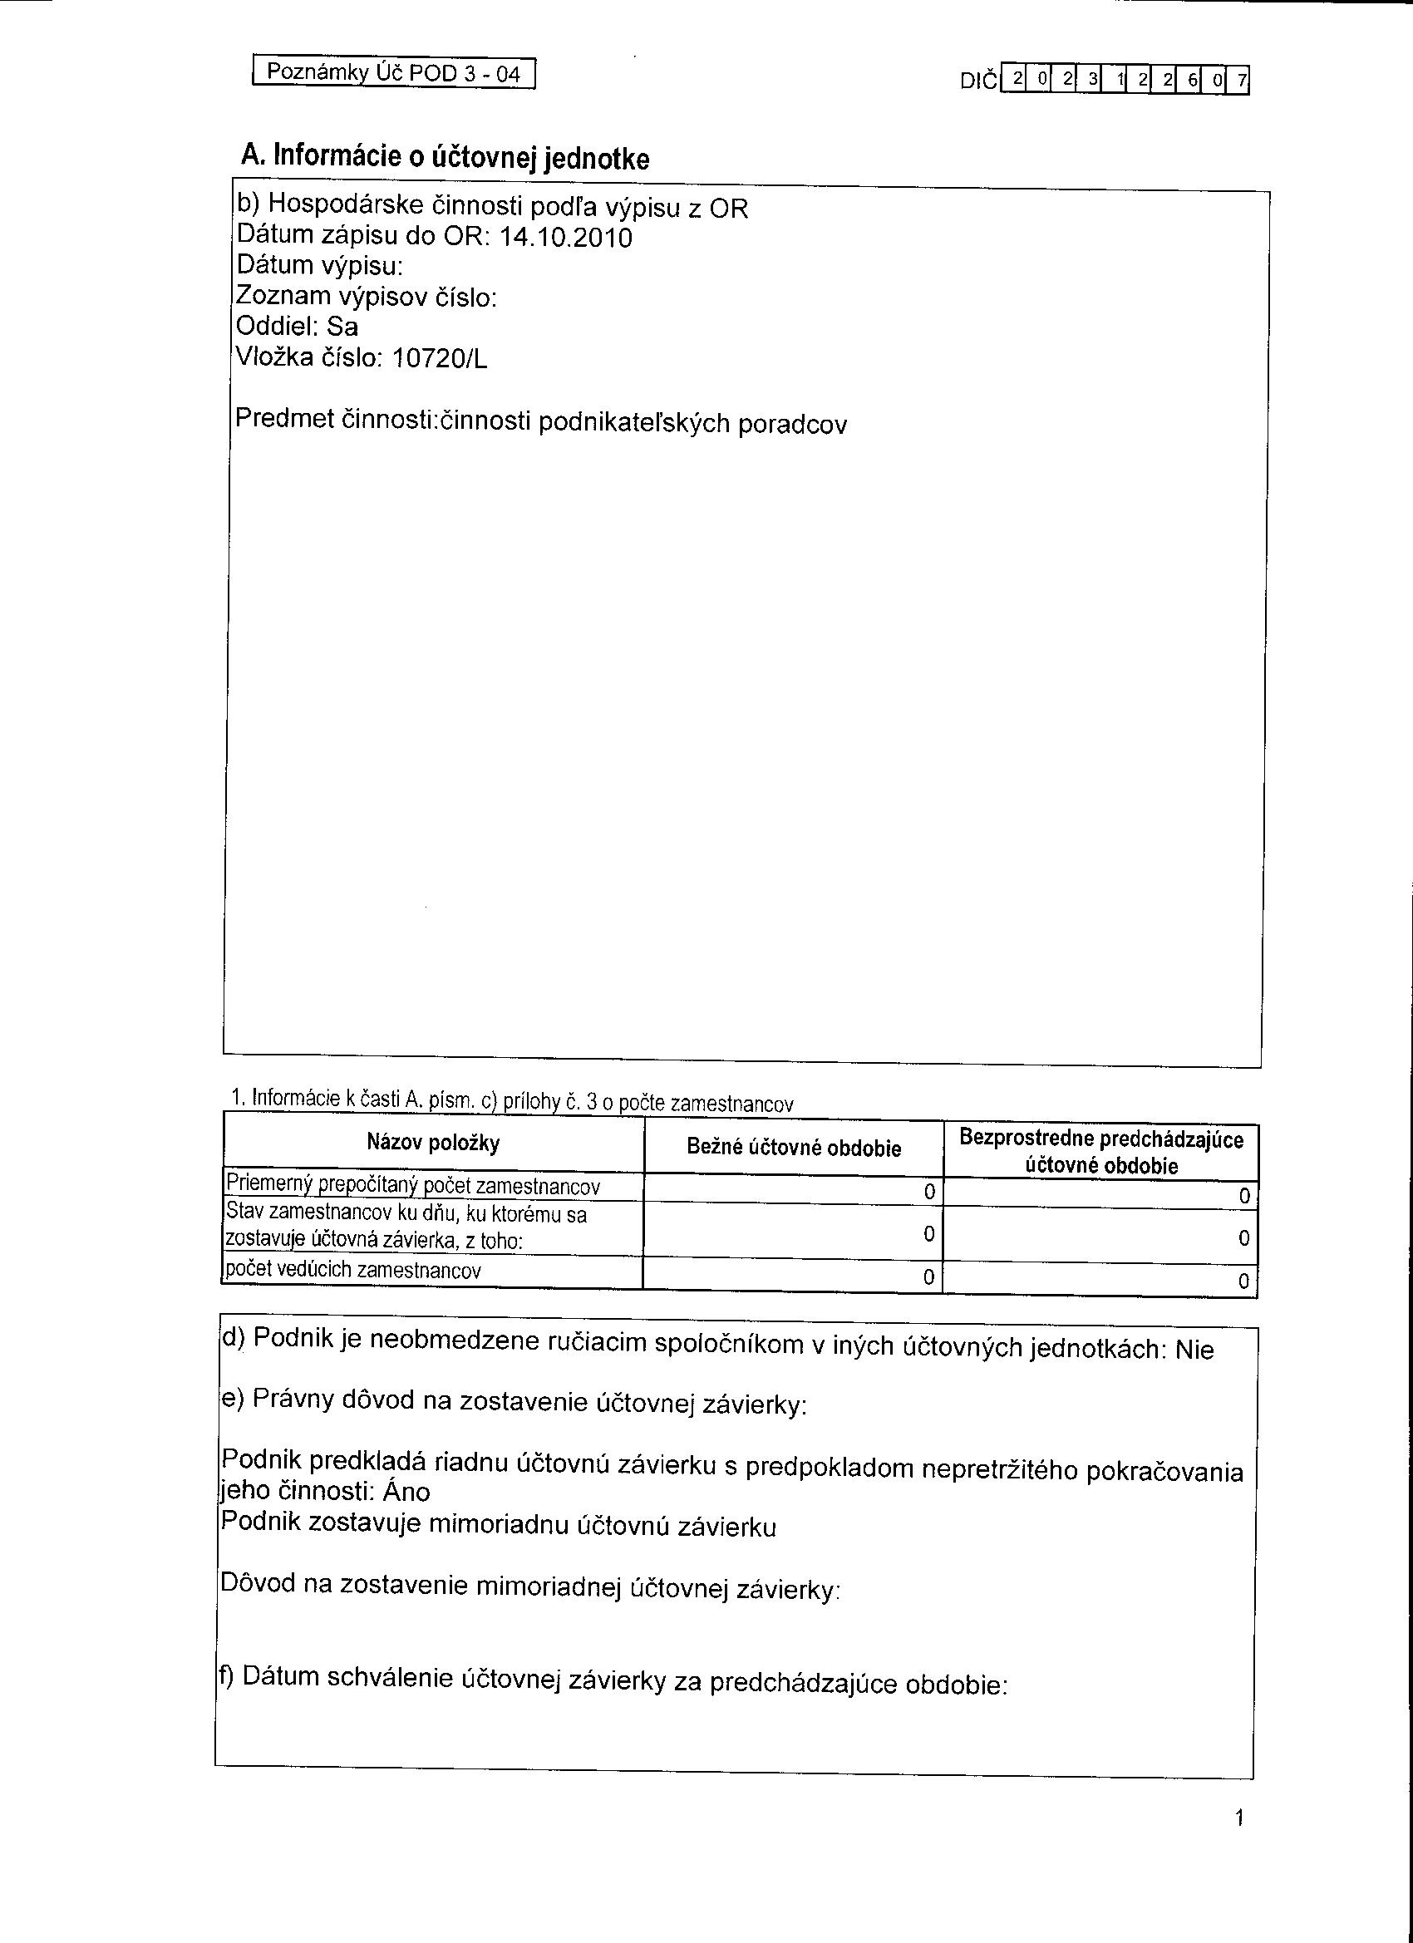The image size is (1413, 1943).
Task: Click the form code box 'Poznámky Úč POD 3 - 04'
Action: (393, 72)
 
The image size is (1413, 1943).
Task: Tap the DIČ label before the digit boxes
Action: (978, 81)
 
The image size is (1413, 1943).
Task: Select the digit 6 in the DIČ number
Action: (1192, 81)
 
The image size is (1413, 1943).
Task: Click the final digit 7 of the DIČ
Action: (1242, 81)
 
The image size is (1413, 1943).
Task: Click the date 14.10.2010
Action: (564, 238)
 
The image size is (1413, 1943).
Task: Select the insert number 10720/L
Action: (439, 359)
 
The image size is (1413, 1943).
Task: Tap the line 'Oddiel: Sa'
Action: (297, 327)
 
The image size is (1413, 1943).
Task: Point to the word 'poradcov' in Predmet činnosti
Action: (792, 425)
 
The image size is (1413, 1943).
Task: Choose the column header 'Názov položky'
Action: (433, 1143)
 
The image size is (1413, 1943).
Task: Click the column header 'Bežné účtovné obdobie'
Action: (794, 1148)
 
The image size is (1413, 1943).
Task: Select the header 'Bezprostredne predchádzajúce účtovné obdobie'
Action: (1101, 1151)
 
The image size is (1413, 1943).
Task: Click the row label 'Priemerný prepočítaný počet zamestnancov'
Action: (412, 1186)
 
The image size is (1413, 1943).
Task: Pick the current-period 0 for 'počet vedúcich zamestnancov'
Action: (928, 1277)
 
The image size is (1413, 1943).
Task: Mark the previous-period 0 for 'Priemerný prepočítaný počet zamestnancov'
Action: (1244, 1196)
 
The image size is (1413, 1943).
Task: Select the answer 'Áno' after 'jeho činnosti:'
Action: (406, 1493)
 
